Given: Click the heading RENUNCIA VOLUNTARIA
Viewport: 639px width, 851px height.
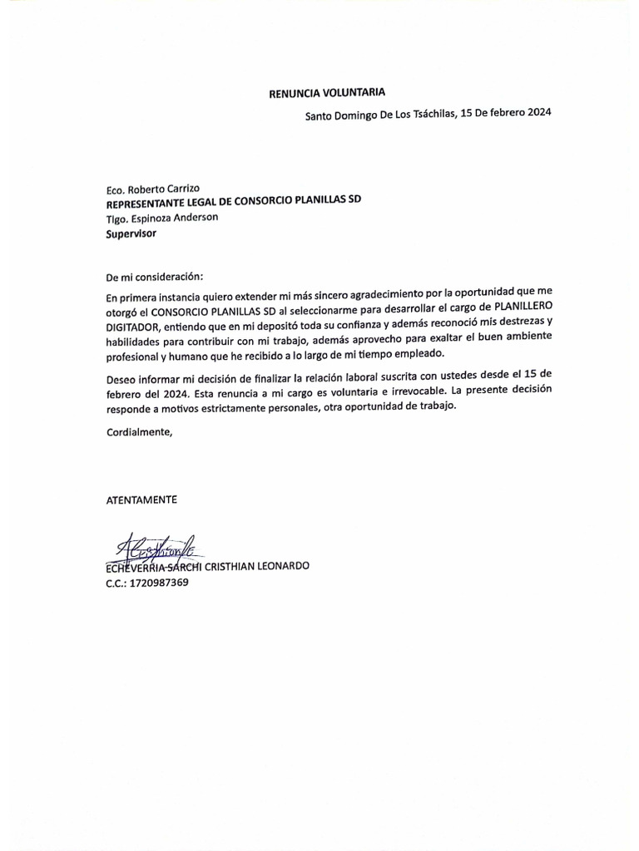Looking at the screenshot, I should pyautogui.click(x=326, y=92).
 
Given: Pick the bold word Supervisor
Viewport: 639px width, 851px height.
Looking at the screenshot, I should pyautogui.click(x=131, y=234).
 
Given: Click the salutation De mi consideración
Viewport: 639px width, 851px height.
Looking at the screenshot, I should pyautogui.click(x=154, y=276).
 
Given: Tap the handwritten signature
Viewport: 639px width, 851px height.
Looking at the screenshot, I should pyautogui.click(x=155, y=547).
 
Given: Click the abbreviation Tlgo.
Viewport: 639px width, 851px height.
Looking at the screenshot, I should pyautogui.click(x=117, y=219).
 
